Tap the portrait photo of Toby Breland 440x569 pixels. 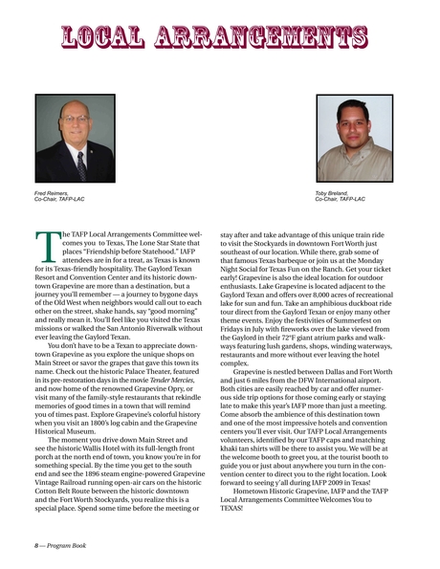click(x=354, y=139)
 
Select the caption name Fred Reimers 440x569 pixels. click(x=55, y=194)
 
